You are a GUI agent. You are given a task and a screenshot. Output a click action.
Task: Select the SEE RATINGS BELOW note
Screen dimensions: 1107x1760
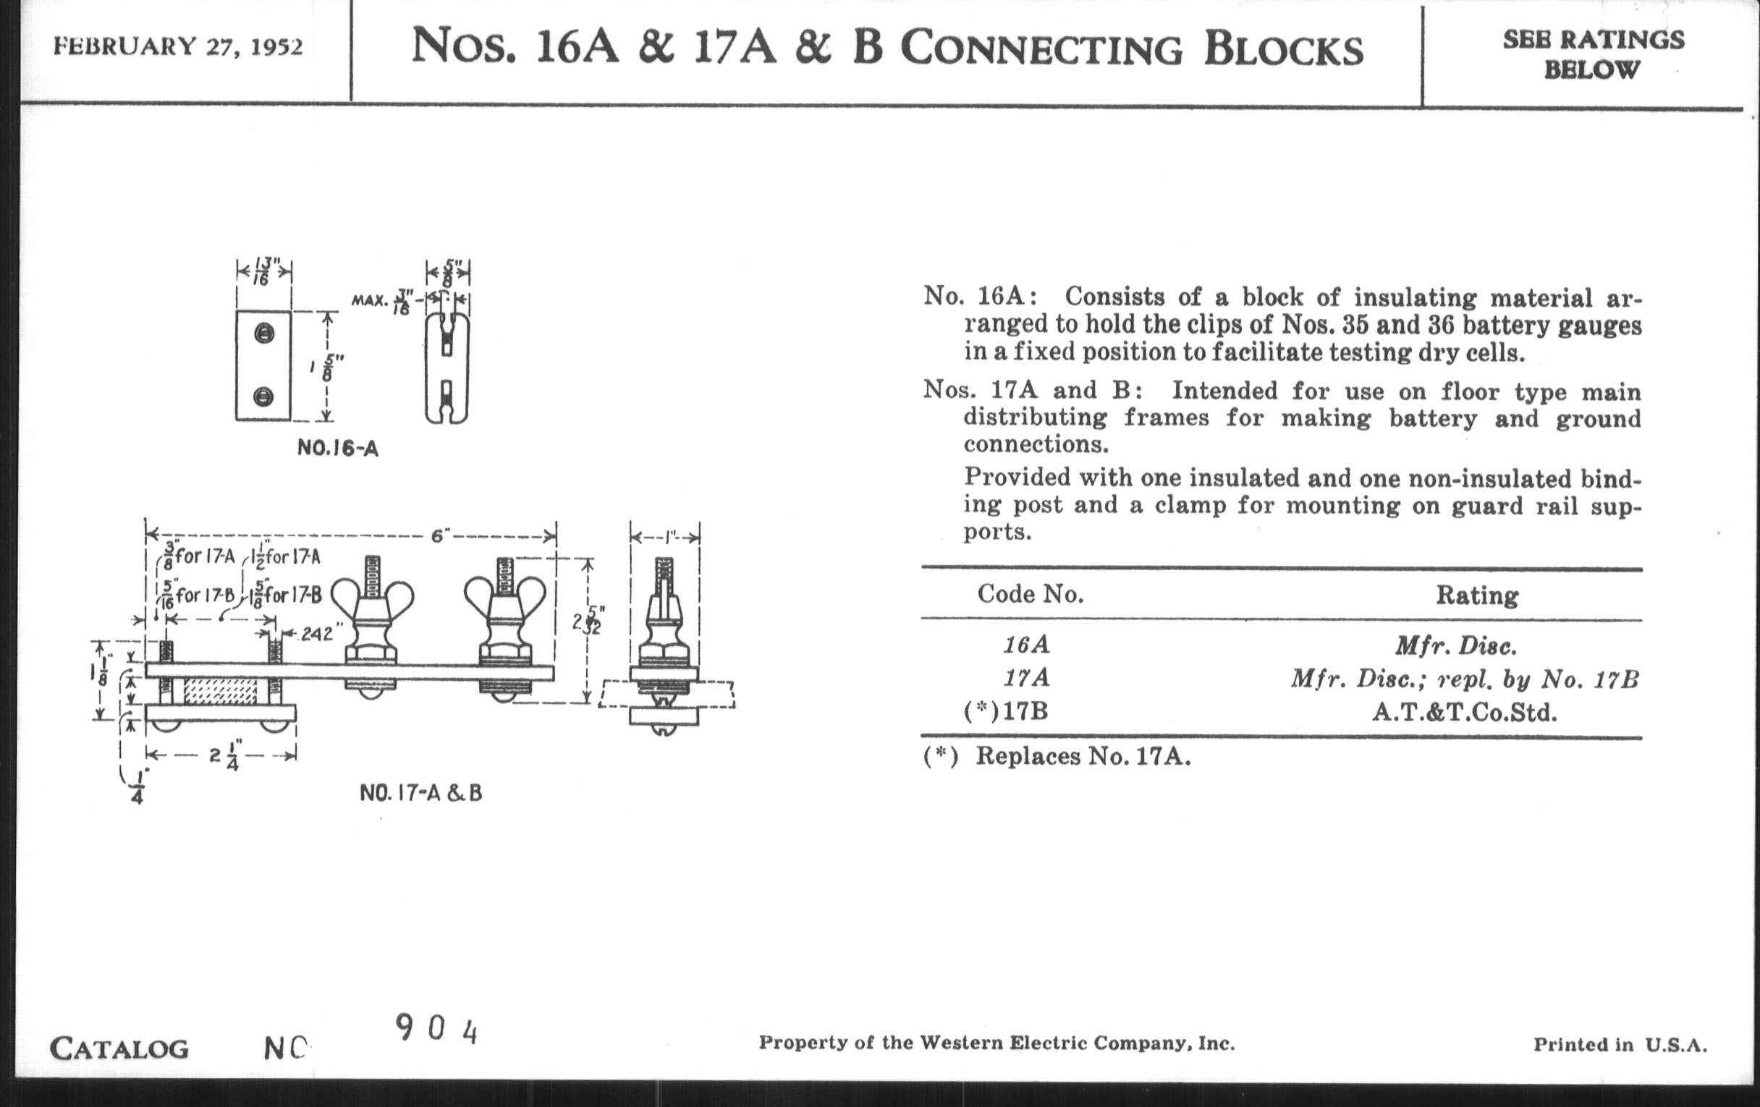(1594, 54)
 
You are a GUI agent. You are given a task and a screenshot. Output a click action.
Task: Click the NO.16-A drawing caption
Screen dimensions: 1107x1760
(338, 448)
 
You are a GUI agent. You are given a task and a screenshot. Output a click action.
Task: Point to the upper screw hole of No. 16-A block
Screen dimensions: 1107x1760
(264, 334)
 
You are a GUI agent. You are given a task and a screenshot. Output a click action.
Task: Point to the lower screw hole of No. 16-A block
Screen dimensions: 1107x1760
(264, 396)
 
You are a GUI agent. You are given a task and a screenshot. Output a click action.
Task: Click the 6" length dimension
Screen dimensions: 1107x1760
(439, 536)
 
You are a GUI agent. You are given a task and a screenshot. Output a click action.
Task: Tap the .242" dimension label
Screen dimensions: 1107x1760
(315, 633)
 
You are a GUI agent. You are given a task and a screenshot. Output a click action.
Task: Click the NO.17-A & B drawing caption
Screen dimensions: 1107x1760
(421, 793)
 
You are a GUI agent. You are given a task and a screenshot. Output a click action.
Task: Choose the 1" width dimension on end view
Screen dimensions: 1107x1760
(665, 537)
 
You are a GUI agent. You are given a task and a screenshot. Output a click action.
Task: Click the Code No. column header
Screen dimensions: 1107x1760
(1031, 594)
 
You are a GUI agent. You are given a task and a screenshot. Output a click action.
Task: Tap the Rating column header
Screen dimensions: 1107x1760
(1476, 595)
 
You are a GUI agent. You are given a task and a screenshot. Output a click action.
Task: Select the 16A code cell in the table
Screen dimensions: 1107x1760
(1026, 645)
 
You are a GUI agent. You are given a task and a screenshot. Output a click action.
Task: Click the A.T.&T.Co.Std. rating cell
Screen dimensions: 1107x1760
(1464, 713)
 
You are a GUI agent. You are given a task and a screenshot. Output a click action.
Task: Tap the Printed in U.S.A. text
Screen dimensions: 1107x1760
(1620, 1045)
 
